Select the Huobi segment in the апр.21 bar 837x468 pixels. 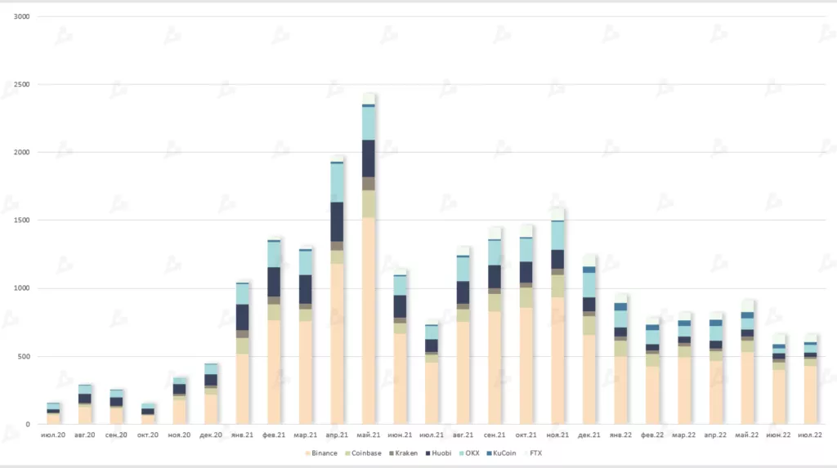tap(337, 221)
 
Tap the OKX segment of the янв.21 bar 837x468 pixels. tap(243, 294)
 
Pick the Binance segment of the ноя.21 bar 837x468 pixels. tap(557, 360)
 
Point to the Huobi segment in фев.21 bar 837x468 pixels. tap(274, 282)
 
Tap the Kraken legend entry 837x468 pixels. tap(405, 453)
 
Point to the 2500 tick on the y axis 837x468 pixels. tap(23, 85)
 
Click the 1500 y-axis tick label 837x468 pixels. tap(23, 221)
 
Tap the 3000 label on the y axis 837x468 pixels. tap(23, 17)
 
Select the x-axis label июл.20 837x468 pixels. tap(54, 435)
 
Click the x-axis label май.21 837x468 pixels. tap(369, 435)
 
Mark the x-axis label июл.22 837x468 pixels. tap(809, 435)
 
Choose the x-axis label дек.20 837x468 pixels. tap(211, 435)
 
